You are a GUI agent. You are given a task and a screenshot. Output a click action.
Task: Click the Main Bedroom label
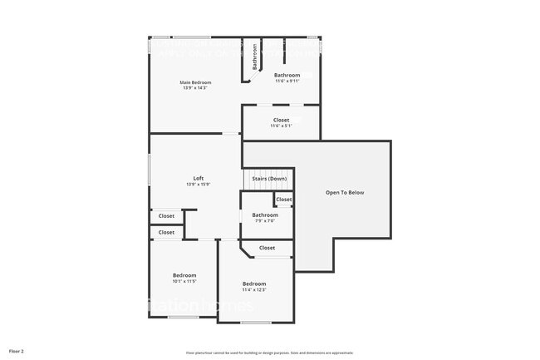(x=196, y=82)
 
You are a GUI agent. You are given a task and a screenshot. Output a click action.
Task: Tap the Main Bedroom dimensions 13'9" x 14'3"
(x=196, y=87)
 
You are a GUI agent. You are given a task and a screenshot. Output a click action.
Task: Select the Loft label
(x=199, y=179)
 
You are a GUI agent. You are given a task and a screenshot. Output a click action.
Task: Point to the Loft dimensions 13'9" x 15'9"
(x=199, y=185)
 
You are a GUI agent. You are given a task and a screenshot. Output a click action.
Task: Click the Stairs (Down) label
(x=269, y=179)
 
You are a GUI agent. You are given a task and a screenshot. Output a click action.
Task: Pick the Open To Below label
(x=345, y=192)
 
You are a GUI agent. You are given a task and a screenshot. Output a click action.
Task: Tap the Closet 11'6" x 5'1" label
(x=281, y=121)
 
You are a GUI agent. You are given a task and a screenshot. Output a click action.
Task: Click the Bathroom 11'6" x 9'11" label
(x=287, y=75)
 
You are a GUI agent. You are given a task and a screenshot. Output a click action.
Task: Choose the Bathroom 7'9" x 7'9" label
(x=265, y=215)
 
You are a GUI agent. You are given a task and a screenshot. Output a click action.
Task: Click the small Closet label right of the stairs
(x=284, y=200)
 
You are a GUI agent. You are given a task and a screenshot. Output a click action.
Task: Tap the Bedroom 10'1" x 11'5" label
(x=184, y=275)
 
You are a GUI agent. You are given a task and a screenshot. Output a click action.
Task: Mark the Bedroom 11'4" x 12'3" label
(x=253, y=284)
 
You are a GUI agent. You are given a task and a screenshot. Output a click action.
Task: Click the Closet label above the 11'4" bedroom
(x=267, y=248)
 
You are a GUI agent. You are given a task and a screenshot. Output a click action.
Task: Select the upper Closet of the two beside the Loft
(x=166, y=216)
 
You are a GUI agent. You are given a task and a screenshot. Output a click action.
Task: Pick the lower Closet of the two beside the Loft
(x=166, y=233)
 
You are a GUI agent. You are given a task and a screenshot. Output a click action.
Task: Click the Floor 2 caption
(x=17, y=352)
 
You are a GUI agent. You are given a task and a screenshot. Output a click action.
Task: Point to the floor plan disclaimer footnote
(x=269, y=352)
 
